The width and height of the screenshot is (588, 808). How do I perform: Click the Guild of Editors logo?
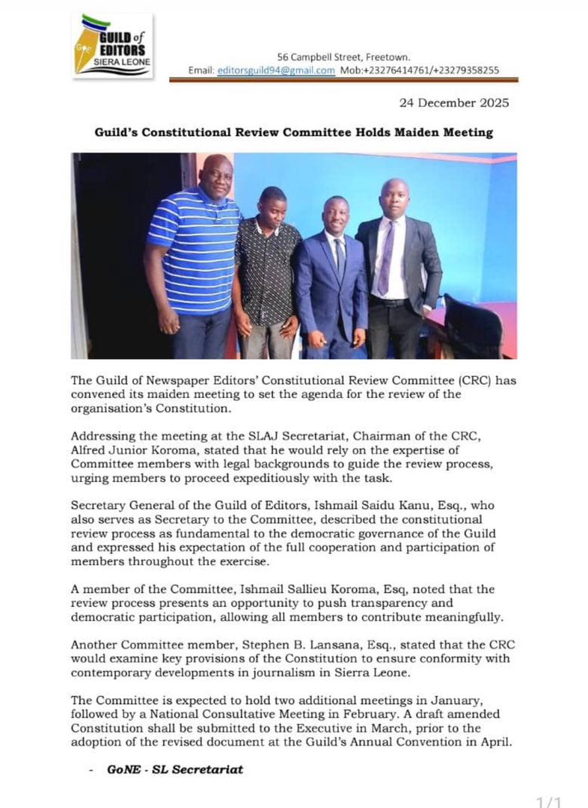point(113,46)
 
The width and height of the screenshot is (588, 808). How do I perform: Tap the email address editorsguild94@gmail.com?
point(276,70)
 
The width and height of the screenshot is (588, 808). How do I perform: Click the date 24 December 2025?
point(454,103)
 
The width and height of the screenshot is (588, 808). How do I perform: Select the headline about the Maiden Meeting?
point(294,132)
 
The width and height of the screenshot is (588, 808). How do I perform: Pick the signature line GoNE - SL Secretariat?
point(175,768)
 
